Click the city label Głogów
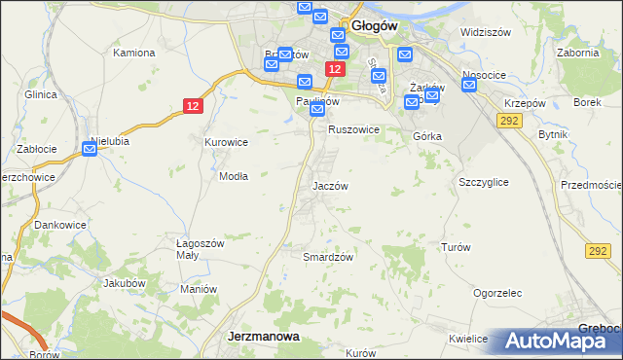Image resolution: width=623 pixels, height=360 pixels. (x=375, y=27)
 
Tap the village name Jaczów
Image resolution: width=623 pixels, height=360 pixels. (x=330, y=185)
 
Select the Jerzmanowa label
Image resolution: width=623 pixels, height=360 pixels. (x=263, y=336)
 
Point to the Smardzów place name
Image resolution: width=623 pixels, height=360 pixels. (x=327, y=257)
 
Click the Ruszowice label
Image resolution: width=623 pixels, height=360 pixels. (x=352, y=128)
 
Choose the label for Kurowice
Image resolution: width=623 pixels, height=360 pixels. (x=226, y=142)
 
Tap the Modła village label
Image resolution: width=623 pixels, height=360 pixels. (x=234, y=176)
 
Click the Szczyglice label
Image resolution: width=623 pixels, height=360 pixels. (x=483, y=182)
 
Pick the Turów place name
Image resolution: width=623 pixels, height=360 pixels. (x=456, y=247)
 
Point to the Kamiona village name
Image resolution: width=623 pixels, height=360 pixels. (x=134, y=52)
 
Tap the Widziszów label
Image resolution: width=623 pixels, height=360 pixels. (x=486, y=32)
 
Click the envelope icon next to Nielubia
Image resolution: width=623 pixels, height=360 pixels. (x=92, y=148)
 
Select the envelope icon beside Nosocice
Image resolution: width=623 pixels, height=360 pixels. (x=470, y=85)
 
